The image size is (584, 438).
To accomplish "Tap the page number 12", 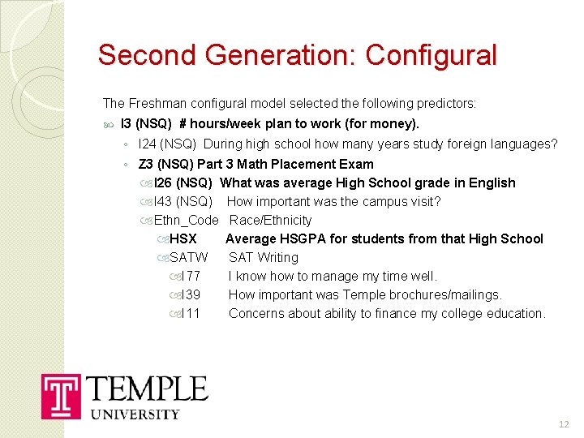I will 565,425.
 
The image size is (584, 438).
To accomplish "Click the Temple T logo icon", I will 61,397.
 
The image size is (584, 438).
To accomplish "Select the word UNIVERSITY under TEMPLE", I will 134,414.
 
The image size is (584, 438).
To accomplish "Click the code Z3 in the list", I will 146,164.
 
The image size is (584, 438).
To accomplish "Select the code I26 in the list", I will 161,182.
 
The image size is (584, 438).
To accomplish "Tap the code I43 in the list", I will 161,201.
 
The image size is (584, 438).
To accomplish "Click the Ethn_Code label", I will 186,220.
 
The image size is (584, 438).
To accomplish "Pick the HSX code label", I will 183,238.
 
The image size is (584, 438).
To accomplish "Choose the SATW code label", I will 189,257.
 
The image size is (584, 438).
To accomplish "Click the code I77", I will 191,276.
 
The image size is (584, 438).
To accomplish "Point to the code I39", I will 191,294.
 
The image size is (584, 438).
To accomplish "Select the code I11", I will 191,313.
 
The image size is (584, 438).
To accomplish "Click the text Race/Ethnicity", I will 270,220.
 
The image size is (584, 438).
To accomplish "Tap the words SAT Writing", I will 263,257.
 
